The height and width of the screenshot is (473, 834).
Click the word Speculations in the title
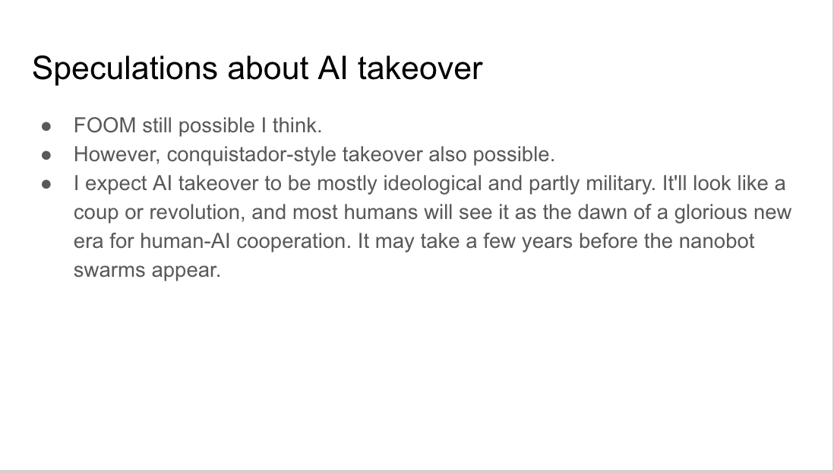[x=125, y=68]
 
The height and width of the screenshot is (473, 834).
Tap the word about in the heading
[x=267, y=68]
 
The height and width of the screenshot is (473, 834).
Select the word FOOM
[x=105, y=125]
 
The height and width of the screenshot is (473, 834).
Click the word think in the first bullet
[x=297, y=125]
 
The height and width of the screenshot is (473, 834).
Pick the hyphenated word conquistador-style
[x=251, y=155]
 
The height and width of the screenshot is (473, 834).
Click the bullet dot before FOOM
[x=46, y=127]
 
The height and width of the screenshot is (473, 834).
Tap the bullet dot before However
[x=46, y=156]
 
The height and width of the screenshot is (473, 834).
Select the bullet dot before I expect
[x=46, y=184]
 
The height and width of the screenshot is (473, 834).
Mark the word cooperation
[x=294, y=241]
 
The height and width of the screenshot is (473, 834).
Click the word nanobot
[x=716, y=241]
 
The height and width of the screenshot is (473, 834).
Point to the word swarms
[x=109, y=270]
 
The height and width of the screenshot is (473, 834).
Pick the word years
[x=548, y=242]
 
